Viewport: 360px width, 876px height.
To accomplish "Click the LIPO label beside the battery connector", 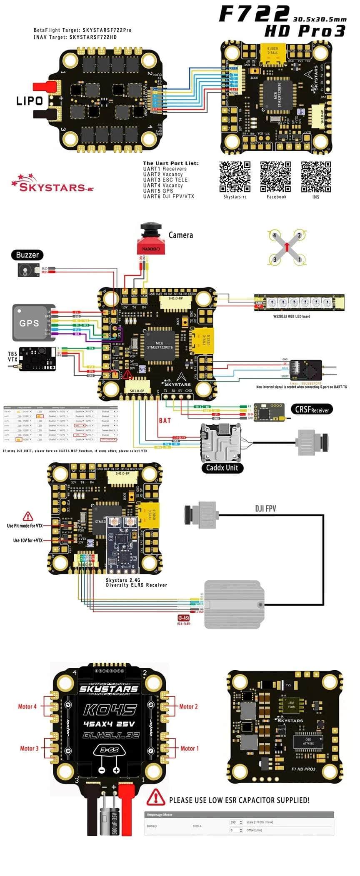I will (x=30, y=101).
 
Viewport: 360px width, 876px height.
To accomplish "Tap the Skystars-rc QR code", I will (x=235, y=177).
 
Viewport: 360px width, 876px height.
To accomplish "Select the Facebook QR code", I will (x=275, y=177).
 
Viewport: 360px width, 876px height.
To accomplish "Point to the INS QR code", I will (x=316, y=177).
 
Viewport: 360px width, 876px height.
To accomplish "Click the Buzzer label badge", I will (x=27, y=255).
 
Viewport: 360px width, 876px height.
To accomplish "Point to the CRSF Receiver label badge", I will (x=312, y=409).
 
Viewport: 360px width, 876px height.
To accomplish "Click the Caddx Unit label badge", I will (x=222, y=468).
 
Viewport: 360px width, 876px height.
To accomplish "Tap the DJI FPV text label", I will (x=265, y=509).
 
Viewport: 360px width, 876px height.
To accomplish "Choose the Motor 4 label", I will (x=27, y=706).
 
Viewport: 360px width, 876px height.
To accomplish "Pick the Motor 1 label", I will (x=190, y=749).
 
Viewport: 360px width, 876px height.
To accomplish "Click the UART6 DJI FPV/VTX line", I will (x=168, y=196).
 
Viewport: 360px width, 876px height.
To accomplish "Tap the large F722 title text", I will (x=254, y=14).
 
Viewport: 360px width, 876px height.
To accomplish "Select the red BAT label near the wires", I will (x=165, y=420).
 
